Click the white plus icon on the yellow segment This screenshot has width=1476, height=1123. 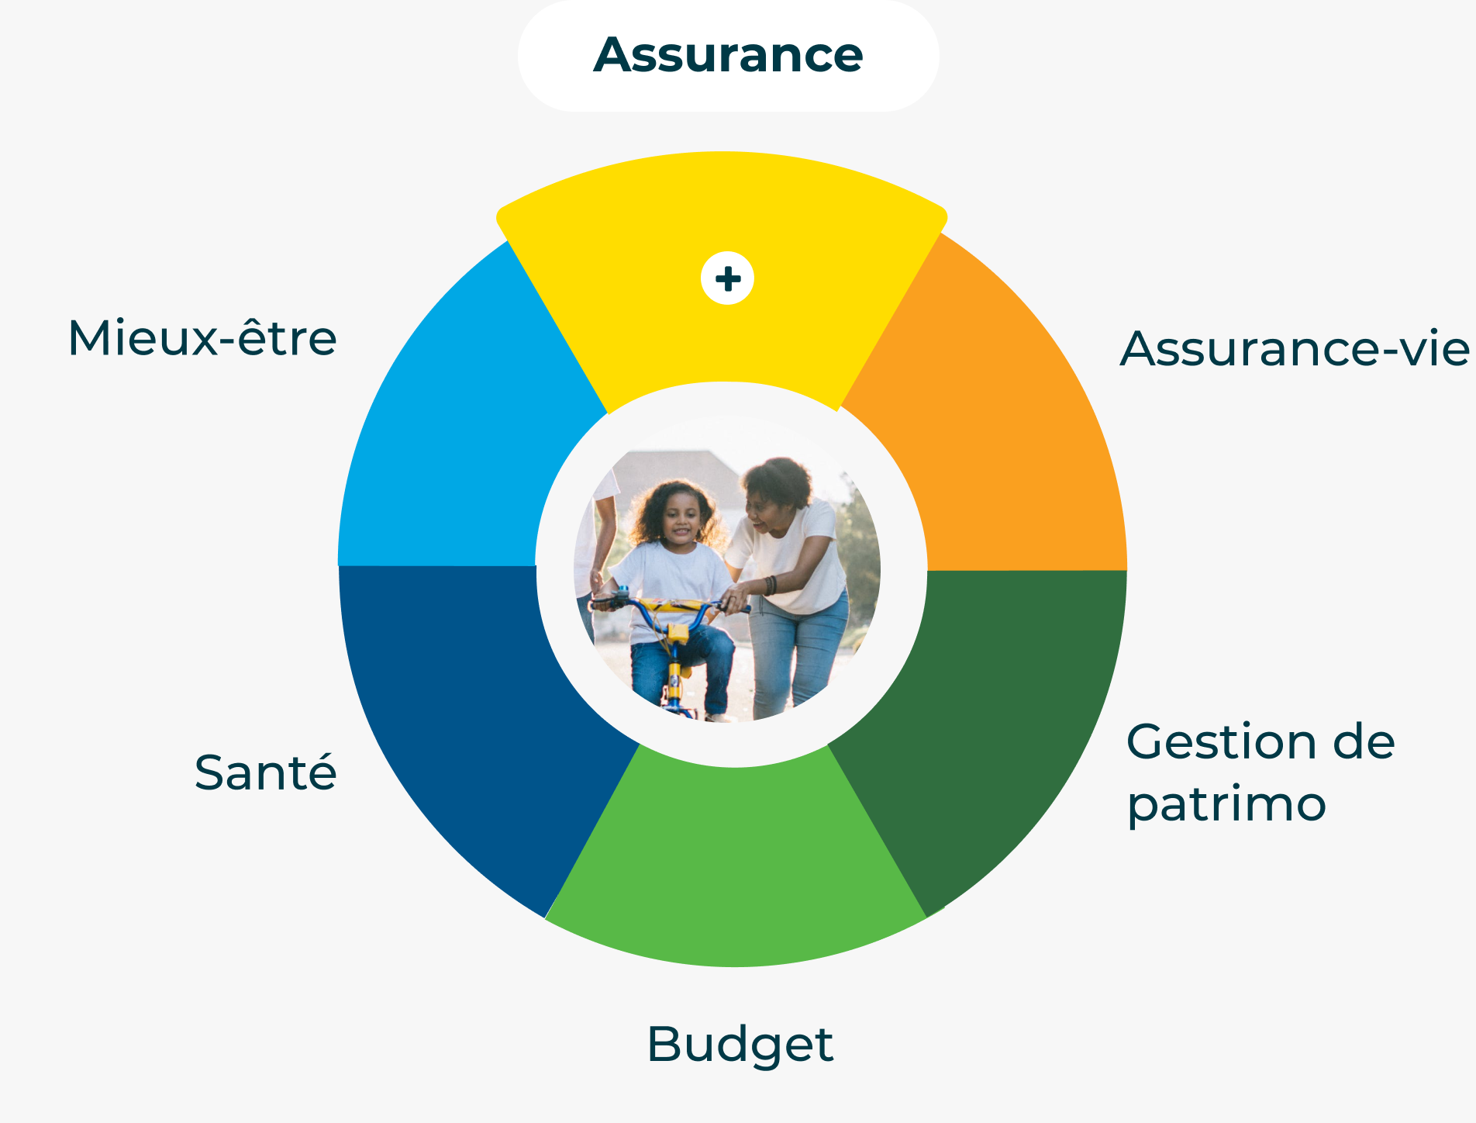(727, 278)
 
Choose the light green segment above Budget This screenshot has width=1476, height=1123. (736, 861)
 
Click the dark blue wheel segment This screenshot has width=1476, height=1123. (473, 721)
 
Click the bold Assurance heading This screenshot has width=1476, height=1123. (728, 55)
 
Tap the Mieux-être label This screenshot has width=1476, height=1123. (202, 338)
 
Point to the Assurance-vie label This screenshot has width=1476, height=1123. (1295, 348)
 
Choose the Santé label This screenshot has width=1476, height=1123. (265, 772)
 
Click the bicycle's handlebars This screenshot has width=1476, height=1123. (670, 605)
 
